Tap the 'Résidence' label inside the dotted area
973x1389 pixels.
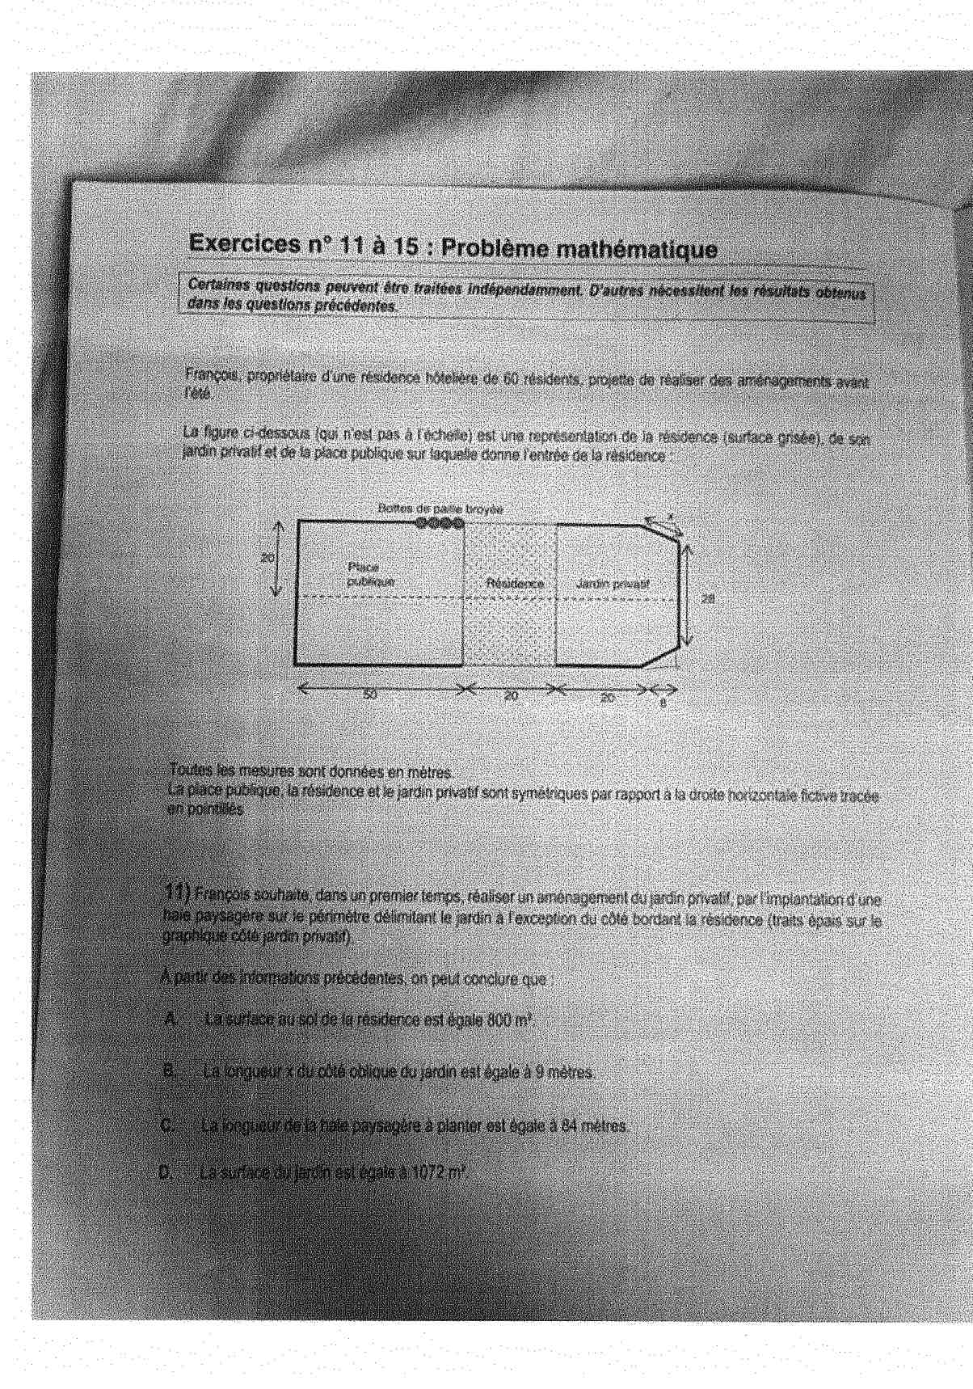pos(514,583)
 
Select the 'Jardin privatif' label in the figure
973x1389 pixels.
pos(613,583)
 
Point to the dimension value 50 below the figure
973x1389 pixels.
pos(370,693)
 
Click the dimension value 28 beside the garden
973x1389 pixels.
pos(709,598)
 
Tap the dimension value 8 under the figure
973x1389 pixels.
pos(663,703)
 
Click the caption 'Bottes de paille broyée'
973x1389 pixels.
pos(441,509)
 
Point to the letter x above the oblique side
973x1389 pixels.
pos(670,513)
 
